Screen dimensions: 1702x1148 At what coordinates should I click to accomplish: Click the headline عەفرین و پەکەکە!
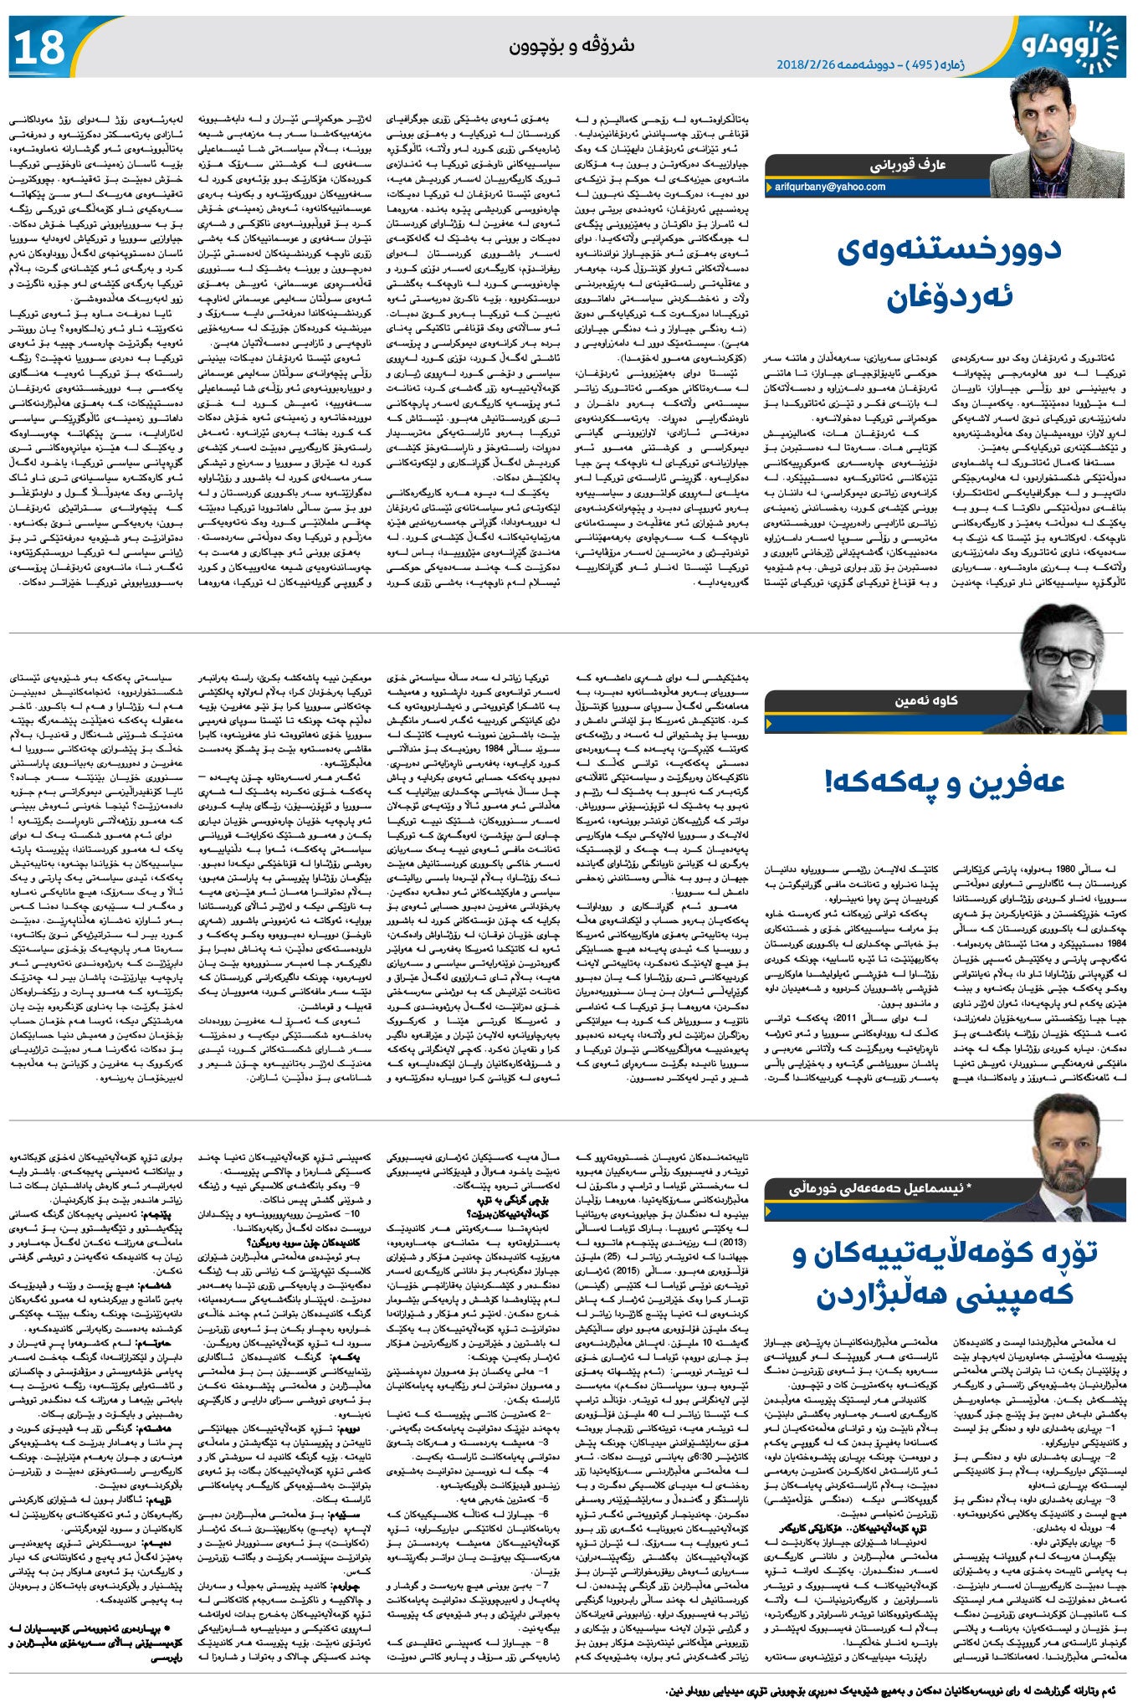(x=945, y=782)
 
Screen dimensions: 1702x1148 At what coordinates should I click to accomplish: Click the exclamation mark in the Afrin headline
(x=830, y=782)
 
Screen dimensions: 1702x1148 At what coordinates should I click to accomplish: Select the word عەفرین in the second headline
(x=1016, y=782)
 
